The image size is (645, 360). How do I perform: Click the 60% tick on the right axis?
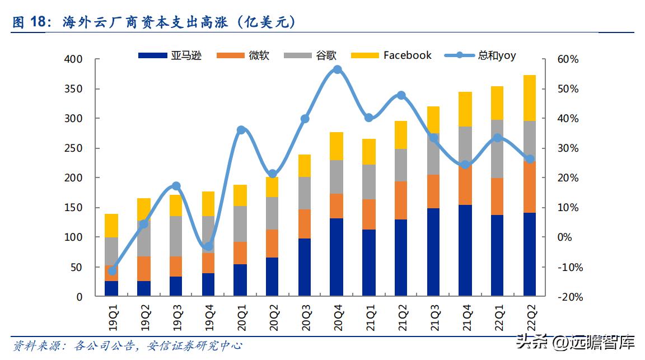pyautogui.click(x=568, y=59)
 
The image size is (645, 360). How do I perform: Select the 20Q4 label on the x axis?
pyautogui.click(x=336, y=317)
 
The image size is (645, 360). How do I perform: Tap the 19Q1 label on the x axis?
pyautogui.click(x=112, y=317)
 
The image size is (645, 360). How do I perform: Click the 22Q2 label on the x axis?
pyautogui.click(x=530, y=317)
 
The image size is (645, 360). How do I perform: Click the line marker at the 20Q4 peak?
pyautogui.click(x=337, y=70)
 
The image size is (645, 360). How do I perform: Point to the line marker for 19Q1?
pyautogui.click(x=112, y=271)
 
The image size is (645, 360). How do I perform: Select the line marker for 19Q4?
pyautogui.click(x=208, y=246)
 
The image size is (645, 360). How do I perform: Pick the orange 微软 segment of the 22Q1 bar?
pyautogui.click(x=498, y=197)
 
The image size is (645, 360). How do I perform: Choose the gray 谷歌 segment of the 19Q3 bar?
pyautogui.click(x=176, y=236)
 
